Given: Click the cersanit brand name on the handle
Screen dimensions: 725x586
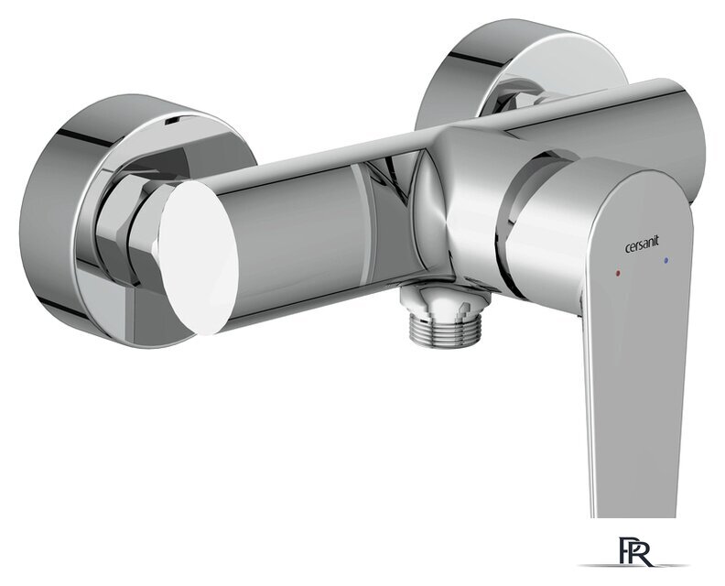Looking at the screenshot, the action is [x=642, y=245].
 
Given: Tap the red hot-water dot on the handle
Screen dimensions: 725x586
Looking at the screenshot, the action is [x=619, y=274].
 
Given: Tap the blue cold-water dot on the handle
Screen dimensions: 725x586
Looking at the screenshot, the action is [x=665, y=261].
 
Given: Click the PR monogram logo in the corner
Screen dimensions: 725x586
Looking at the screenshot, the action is [x=637, y=551].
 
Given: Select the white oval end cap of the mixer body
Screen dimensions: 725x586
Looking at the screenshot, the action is [x=199, y=257].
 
